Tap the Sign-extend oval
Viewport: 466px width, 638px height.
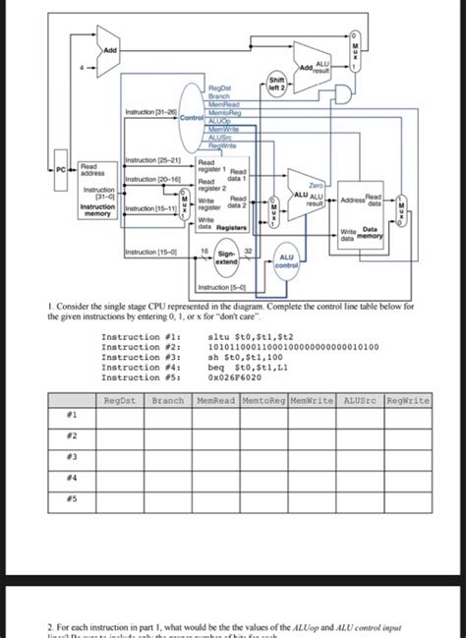click(225, 260)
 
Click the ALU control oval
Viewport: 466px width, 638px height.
click(288, 260)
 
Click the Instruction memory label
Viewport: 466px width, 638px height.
click(97, 211)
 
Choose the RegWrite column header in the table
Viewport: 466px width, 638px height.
click(407, 400)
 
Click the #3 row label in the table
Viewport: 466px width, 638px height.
click(72, 457)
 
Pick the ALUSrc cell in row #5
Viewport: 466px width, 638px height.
click(360, 497)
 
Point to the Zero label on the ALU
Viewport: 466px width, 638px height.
click(316, 184)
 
